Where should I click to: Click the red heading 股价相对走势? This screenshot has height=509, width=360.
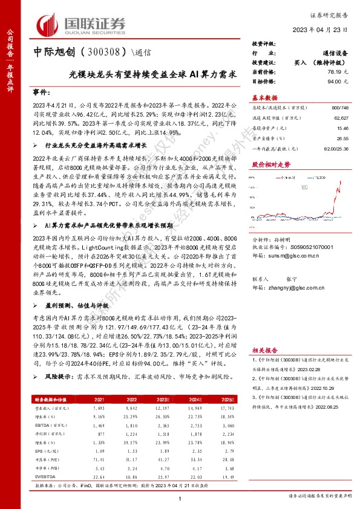pyautogui.click(x=267, y=164)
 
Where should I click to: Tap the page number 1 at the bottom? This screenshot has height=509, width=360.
pyautogui.click(x=180, y=498)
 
